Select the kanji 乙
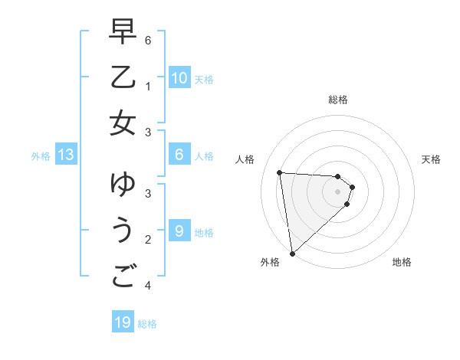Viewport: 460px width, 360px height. [123, 78]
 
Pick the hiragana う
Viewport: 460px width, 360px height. [123, 231]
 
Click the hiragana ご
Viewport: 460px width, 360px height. [123, 275]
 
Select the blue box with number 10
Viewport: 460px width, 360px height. [179, 78]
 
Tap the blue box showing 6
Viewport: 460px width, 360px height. [179, 155]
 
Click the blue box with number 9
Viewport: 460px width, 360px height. [179, 231]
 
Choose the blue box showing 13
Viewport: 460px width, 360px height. [66, 155]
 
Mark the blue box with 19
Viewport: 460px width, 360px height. [123, 322]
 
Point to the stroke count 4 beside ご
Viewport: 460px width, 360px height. [148, 286]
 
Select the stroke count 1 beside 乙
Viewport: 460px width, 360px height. [148, 87]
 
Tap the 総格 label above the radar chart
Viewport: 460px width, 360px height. [338, 100]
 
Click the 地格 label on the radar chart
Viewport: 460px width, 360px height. [402, 263]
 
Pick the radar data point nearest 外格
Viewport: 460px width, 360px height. [292, 253]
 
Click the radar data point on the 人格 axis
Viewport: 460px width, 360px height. [279, 172]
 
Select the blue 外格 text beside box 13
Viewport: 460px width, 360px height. [41, 156]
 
